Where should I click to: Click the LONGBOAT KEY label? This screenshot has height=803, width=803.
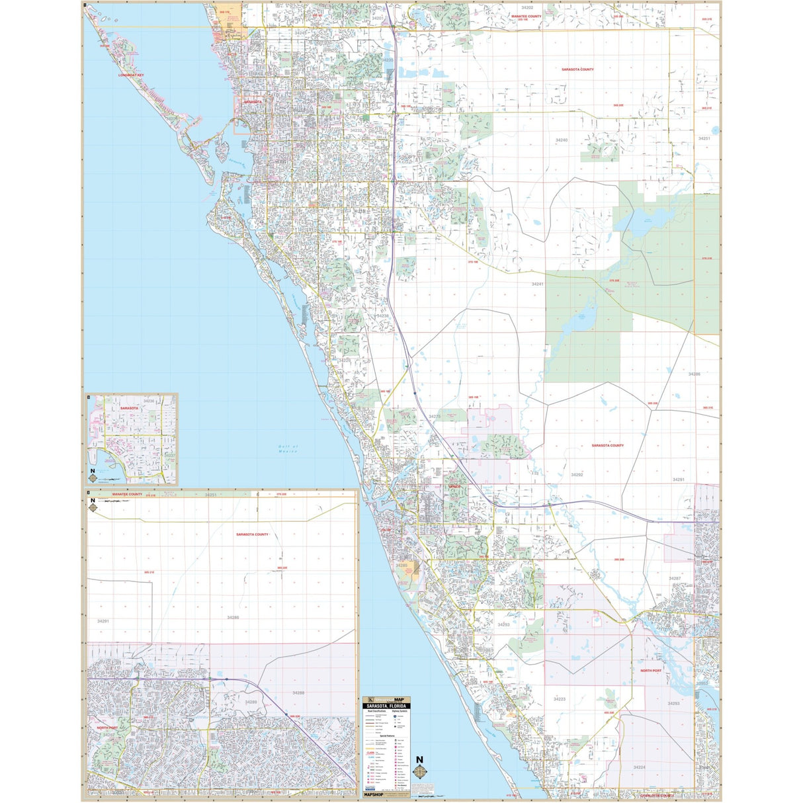pos(131,75)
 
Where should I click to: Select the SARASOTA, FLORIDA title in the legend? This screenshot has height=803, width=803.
pos(387,706)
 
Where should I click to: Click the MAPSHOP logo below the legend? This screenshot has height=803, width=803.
pos(373,794)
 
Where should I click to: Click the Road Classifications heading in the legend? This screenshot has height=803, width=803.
pos(374,711)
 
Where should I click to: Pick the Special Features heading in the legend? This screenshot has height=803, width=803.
pos(386,735)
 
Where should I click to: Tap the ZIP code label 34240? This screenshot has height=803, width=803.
pos(561,140)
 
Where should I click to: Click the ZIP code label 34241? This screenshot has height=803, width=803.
pos(537,284)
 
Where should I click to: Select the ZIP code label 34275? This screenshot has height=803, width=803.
pos(435,417)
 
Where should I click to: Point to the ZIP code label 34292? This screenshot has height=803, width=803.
pos(577,475)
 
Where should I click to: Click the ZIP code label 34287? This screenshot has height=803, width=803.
pos(674,578)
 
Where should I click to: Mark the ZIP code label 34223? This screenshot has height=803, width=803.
pos(560,699)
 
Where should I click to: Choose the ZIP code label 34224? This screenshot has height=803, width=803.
pos(638,767)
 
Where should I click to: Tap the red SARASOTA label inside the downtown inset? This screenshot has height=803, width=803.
pos(130,408)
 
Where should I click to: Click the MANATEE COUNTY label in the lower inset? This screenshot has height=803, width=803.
pos(127,494)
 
